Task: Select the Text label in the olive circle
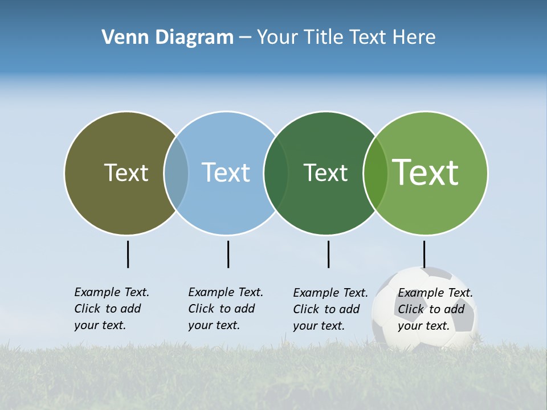click(x=126, y=173)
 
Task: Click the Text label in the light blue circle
click(x=226, y=173)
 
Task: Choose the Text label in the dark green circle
click(x=325, y=173)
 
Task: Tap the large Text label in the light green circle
click(x=426, y=173)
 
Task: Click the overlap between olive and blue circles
click(x=176, y=173)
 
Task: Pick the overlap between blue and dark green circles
click(x=276, y=173)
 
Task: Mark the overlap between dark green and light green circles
click(x=375, y=173)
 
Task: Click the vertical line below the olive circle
click(x=128, y=254)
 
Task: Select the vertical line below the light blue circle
click(x=228, y=254)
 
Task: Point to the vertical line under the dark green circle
click(x=328, y=254)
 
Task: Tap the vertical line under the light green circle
click(x=424, y=254)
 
